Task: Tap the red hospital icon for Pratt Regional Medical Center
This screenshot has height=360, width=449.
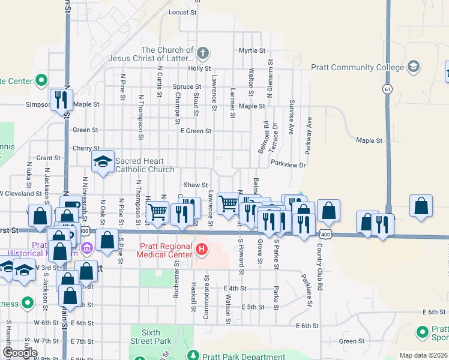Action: pos(202,248)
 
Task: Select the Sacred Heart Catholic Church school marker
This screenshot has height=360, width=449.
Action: pos(103,161)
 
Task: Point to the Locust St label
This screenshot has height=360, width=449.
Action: pos(183,12)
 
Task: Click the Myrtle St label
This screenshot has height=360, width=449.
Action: pos(252,50)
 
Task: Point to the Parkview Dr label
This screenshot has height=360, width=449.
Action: pos(288,163)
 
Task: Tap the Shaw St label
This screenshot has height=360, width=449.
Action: pos(196,185)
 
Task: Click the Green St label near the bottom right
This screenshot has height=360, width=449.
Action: pos(348,341)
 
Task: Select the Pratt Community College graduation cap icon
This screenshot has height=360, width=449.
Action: pos(413,66)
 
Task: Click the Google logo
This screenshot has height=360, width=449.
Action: pos(19,353)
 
